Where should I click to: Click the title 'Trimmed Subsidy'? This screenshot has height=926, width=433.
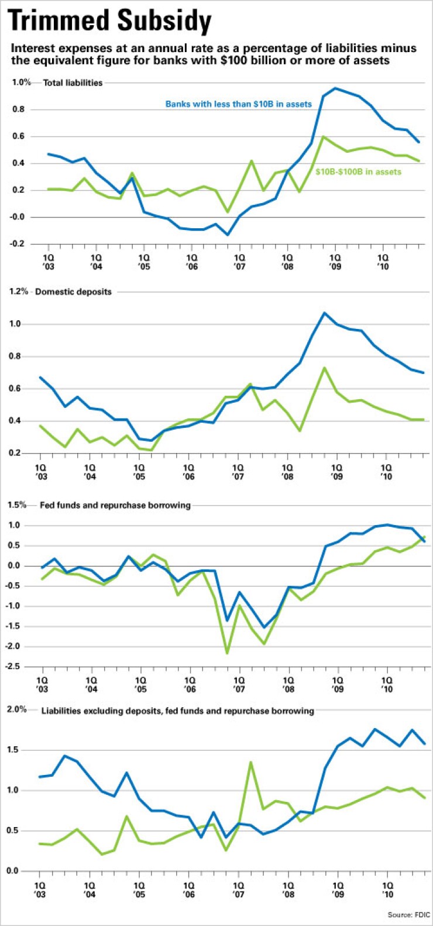(x=110, y=22)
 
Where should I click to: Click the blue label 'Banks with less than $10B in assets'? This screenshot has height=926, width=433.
(x=239, y=104)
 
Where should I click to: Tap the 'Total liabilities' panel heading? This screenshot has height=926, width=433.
(x=73, y=83)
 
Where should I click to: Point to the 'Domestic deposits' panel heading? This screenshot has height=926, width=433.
(x=73, y=291)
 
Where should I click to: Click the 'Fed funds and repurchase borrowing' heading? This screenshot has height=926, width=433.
(x=115, y=505)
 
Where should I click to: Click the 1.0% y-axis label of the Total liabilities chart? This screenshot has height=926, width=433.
(x=21, y=83)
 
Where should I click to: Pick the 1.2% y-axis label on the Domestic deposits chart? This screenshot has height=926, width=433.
(x=18, y=291)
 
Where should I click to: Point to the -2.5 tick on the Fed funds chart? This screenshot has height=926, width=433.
(x=18, y=667)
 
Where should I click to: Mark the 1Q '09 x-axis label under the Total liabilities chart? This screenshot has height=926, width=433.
(x=335, y=261)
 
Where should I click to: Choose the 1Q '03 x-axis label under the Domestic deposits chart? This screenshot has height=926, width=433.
(x=40, y=472)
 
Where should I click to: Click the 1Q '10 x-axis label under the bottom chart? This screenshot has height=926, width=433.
(x=387, y=890)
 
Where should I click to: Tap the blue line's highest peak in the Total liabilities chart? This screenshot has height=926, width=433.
(x=335, y=88)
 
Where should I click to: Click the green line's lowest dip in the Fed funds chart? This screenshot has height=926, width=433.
(x=227, y=653)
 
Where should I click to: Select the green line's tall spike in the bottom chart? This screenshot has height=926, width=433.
(x=251, y=762)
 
